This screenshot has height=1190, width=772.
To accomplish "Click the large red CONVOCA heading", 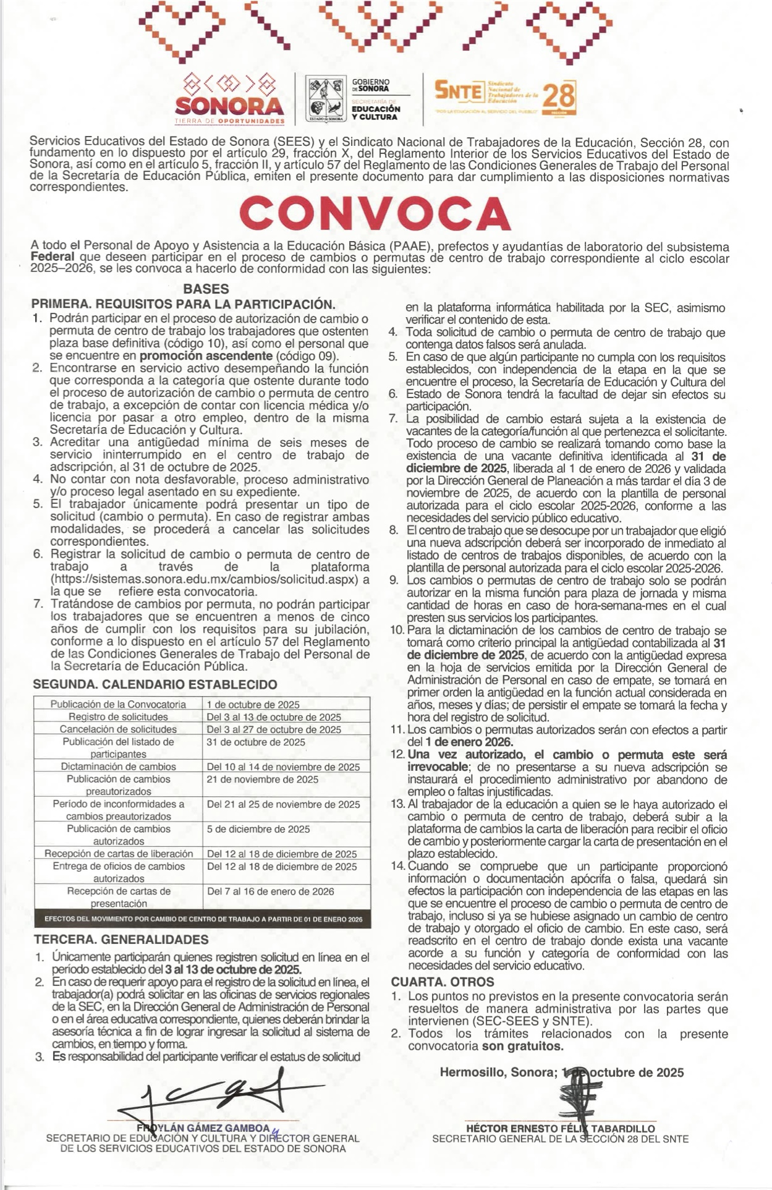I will (x=375, y=213).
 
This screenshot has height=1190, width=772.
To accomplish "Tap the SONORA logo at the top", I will (x=230, y=99).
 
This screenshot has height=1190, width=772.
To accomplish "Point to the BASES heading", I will (x=206, y=289).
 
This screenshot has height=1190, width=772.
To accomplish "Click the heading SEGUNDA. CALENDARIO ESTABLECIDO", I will (x=155, y=684).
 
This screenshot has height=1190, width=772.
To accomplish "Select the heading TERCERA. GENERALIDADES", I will (x=121, y=939).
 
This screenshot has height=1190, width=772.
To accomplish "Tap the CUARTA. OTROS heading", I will (x=443, y=982).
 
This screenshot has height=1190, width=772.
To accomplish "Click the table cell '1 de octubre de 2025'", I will (x=253, y=705).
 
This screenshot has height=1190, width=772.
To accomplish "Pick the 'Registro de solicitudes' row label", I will (x=118, y=717).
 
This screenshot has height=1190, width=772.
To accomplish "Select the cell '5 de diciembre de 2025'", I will (x=258, y=829).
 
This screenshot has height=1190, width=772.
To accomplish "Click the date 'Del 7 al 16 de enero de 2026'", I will (x=270, y=891).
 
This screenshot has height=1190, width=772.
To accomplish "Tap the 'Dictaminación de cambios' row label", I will (x=118, y=767).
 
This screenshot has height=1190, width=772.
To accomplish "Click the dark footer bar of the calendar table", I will (x=203, y=919).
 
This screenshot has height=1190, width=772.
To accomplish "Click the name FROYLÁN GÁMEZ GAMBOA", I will (x=204, y=1128).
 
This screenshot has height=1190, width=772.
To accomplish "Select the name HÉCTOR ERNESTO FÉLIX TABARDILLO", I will (x=560, y=1128).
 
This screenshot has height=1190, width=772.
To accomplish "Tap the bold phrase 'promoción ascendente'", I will (x=206, y=356).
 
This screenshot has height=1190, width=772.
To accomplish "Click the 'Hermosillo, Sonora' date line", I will (x=561, y=1073).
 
